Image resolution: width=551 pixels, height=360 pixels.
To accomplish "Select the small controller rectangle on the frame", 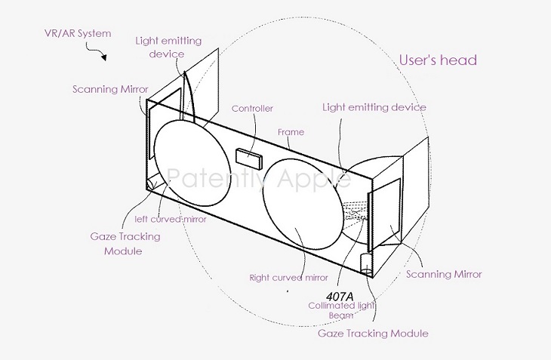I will point(247,157).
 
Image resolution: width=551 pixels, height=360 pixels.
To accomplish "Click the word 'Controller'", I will point(252,109).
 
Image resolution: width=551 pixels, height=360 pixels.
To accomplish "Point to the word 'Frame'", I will point(291,132).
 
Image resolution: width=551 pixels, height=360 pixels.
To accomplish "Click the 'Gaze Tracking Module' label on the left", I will point(123,243).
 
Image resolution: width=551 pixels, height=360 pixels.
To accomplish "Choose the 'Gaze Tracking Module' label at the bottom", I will point(383,333).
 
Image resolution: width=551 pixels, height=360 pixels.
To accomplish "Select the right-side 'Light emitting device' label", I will point(374,107).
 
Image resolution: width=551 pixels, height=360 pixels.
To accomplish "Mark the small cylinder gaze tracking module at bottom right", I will point(366,265).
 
